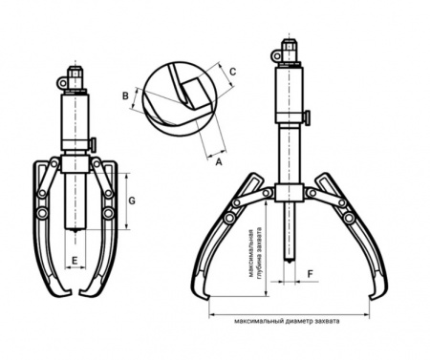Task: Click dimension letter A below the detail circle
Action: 219,162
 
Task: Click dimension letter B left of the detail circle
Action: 126,95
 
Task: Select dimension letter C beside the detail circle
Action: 233,72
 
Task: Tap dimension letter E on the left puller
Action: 75,261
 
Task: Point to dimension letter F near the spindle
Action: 311,274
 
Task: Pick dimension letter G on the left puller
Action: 132,201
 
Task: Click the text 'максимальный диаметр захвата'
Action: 287,321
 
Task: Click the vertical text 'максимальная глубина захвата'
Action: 256,253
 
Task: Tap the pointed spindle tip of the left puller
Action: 75,230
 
